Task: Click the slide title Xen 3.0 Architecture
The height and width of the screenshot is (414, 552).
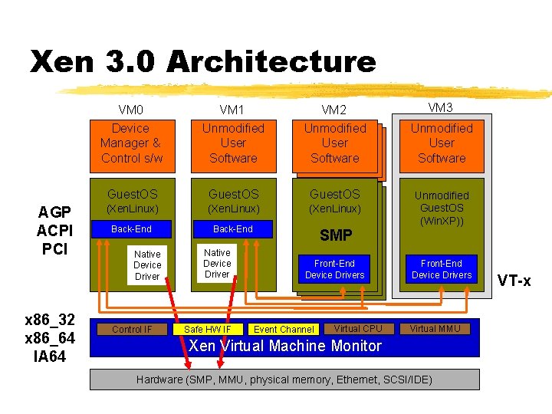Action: (x=203, y=61)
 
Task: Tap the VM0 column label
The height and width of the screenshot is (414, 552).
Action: (x=131, y=110)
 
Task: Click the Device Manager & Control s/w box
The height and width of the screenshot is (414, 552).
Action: (x=130, y=143)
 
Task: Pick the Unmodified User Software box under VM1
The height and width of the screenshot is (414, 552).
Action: (x=233, y=143)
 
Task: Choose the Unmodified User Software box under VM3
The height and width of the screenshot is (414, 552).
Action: (x=442, y=143)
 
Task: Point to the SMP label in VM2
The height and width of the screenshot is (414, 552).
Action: (x=336, y=235)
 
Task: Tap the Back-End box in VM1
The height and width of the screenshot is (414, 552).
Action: (x=232, y=229)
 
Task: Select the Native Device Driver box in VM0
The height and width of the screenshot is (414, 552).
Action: (x=147, y=265)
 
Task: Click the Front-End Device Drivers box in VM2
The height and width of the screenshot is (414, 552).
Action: (x=335, y=269)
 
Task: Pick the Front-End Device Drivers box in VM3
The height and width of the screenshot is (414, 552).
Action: (x=442, y=269)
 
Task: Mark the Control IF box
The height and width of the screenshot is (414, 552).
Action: (x=132, y=330)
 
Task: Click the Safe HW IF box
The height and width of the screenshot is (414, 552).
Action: (x=208, y=330)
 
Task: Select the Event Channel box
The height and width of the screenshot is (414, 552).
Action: (x=284, y=330)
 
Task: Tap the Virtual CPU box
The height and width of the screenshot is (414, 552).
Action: (x=358, y=329)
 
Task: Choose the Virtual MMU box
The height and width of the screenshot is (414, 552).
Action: (x=434, y=329)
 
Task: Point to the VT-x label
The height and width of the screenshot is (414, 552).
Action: (x=514, y=281)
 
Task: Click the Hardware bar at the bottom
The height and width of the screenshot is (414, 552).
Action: (x=284, y=379)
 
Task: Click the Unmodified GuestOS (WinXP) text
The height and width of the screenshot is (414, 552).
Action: (x=442, y=209)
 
